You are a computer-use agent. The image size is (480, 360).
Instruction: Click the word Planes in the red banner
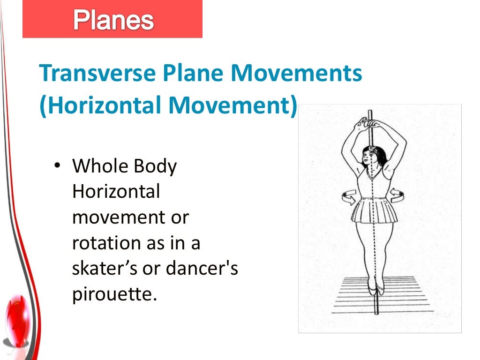tap(113, 20)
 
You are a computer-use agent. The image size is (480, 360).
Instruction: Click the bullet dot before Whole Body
tap(57, 166)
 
